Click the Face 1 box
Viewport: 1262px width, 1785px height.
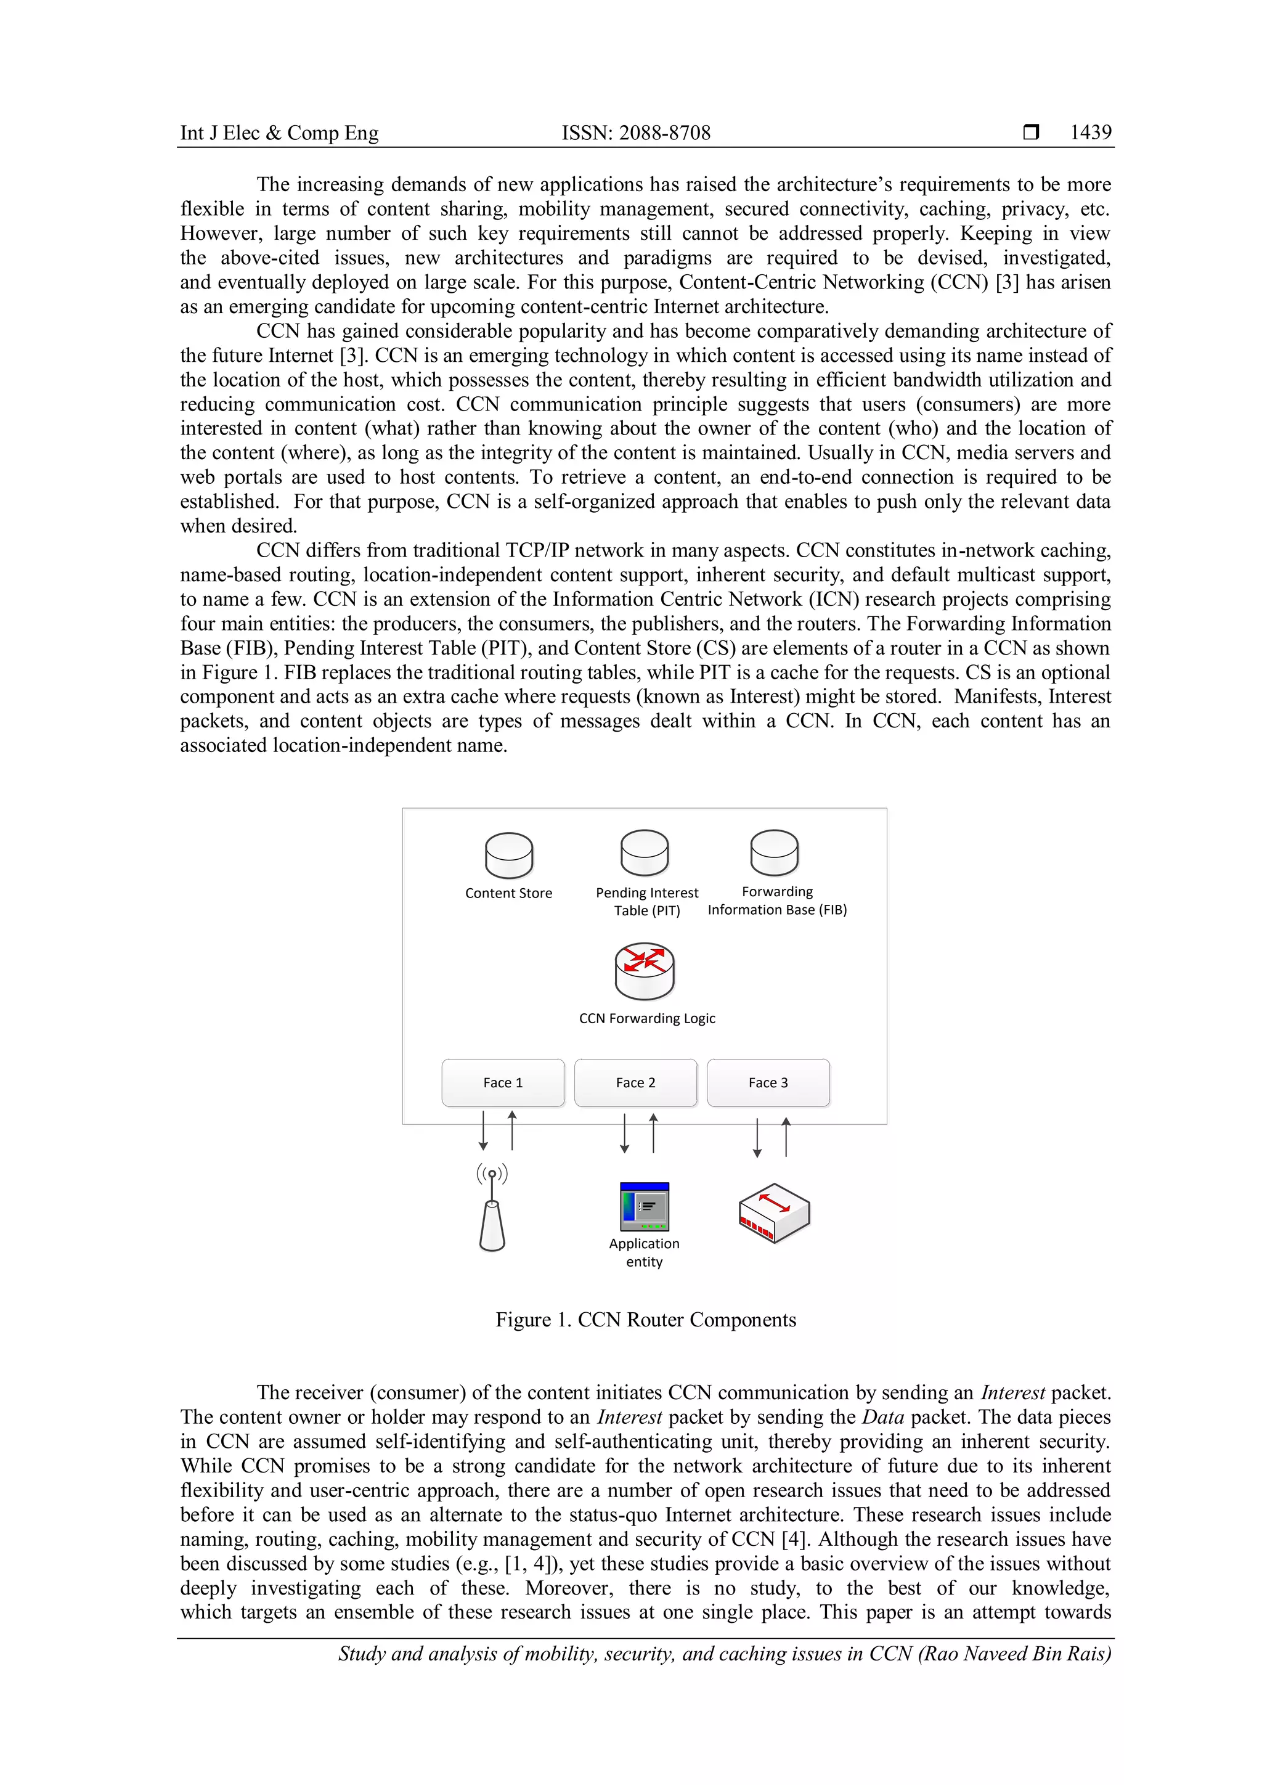pyautogui.click(x=503, y=1082)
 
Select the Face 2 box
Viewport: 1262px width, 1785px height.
pyautogui.click(x=636, y=1082)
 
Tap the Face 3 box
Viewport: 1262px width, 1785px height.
pyautogui.click(x=768, y=1082)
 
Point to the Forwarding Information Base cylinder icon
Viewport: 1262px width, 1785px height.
pyautogui.click(x=774, y=853)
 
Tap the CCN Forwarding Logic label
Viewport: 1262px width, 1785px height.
pyautogui.click(x=646, y=1018)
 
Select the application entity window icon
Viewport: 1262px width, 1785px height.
pyautogui.click(x=644, y=1207)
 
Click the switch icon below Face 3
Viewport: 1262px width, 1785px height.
pyautogui.click(x=774, y=1213)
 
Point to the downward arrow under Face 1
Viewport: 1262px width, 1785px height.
pyautogui.click(x=483, y=1131)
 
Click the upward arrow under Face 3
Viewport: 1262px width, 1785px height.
pyautogui.click(x=786, y=1137)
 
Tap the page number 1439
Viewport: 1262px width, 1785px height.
pyautogui.click(x=1090, y=132)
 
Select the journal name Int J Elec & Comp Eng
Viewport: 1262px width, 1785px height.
pyautogui.click(x=280, y=133)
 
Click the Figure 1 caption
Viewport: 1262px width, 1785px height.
pyautogui.click(x=646, y=1319)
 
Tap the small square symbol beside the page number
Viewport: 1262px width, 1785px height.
pyautogui.click(x=1031, y=132)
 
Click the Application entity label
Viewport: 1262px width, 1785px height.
pyautogui.click(x=644, y=1252)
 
